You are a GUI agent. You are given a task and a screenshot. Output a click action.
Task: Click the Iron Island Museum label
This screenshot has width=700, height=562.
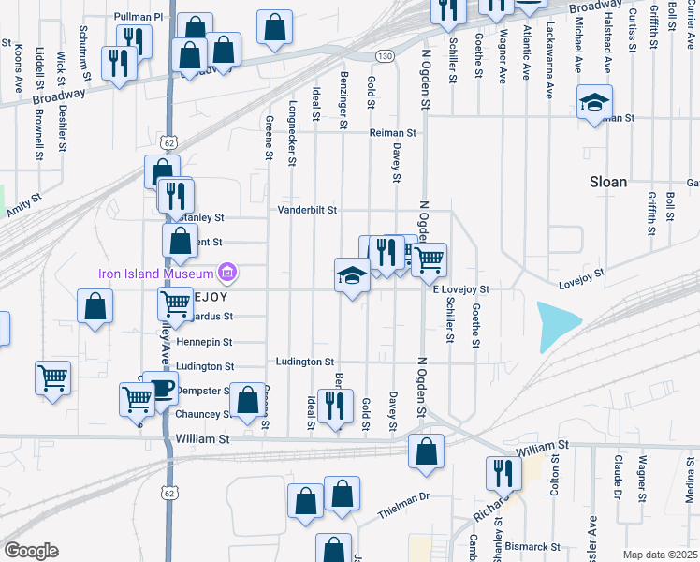tap(154, 274)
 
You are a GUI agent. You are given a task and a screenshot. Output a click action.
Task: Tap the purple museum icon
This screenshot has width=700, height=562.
tap(226, 274)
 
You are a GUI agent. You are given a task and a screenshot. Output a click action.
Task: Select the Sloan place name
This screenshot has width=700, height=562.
tap(608, 182)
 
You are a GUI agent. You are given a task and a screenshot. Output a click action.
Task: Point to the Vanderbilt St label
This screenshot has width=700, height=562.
tap(306, 210)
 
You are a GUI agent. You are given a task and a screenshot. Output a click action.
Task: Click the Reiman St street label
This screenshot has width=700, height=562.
tap(391, 133)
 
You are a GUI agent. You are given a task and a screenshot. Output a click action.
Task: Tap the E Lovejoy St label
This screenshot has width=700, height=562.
tap(460, 290)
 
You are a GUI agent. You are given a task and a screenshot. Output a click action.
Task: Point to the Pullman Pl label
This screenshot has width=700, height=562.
tap(139, 17)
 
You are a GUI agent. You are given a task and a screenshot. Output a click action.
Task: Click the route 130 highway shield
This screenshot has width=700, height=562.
tap(385, 56)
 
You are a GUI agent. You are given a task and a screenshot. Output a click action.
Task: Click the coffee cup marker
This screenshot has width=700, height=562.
tap(161, 388)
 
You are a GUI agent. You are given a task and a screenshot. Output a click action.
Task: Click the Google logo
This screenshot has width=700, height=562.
tap(31, 551)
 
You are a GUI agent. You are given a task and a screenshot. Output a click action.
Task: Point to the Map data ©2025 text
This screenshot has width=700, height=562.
tap(659, 555)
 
